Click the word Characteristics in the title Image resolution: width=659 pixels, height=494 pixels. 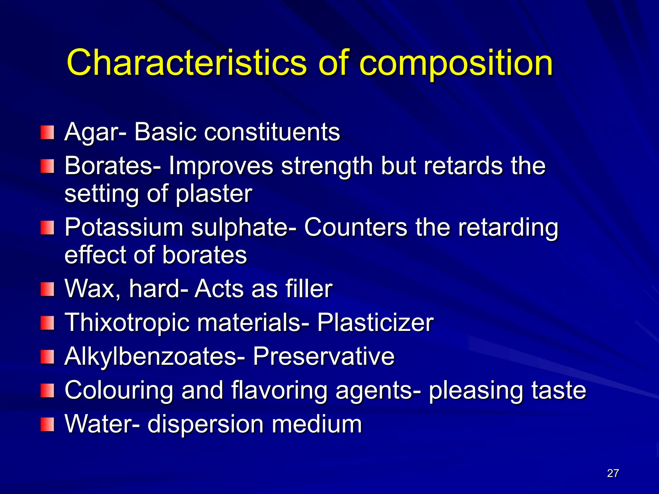(x=187, y=63)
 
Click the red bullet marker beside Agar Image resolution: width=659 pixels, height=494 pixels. (x=47, y=133)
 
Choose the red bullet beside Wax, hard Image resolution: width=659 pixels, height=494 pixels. (x=47, y=289)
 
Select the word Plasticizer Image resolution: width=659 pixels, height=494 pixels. (x=375, y=323)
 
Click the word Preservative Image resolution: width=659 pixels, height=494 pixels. (x=323, y=356)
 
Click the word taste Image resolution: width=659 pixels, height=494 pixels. (x=558, y=390)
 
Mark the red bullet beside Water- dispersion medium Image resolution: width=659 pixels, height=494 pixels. (x=47, y=424)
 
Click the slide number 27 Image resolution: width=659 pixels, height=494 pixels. (x=613, y=473)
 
